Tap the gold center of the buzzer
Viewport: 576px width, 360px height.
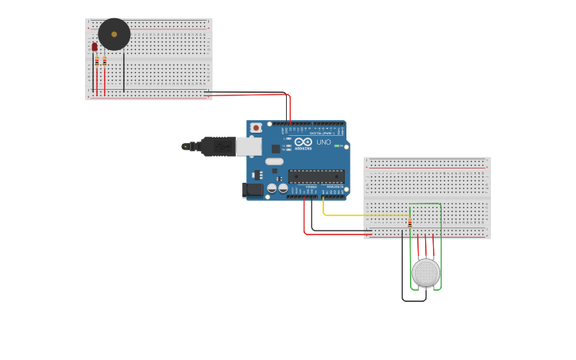(x=114, y=34)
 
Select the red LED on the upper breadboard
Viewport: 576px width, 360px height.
(x=94, y=47)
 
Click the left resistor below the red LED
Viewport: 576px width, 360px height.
(x=97, y=62)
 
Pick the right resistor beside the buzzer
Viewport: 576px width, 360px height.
(x=104, y=61)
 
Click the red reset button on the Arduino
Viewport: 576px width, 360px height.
(x=256, y=128)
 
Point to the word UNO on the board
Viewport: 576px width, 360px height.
(x=323, y=142)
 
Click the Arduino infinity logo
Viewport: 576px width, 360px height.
(x=303, y=142)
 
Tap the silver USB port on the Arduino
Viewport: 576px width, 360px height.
(x=248, y=146)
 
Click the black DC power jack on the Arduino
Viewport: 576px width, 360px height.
(x=253, y=189)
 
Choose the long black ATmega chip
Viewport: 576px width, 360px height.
(x=315, y=176)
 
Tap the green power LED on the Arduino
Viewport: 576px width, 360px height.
(x=337, y=146)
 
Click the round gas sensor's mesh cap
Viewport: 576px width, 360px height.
(x=426, y=272)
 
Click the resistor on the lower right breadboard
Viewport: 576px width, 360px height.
(x=409, y=223)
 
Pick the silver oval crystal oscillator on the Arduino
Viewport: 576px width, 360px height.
(x=274, y=161)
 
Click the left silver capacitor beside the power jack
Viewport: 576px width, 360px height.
(x=272, y=188)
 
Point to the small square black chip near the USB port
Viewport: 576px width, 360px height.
(x=276, y=149)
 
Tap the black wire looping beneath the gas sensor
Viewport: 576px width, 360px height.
(x=413, y=300)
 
